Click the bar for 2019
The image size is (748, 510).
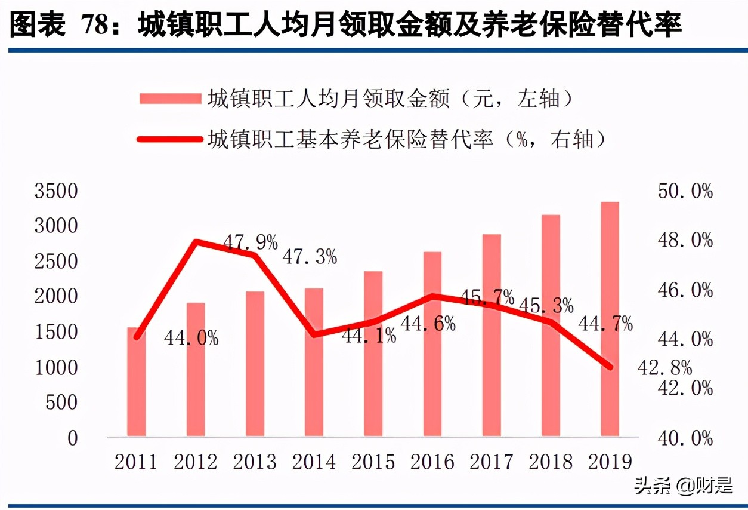(610, 319)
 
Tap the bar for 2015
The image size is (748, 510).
(373, 354)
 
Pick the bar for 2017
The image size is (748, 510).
(492, 335)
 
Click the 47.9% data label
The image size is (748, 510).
(251, 242)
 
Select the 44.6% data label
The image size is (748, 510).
(428, 324)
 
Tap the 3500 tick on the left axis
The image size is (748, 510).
(57, 192)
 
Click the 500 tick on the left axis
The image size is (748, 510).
(62, 403)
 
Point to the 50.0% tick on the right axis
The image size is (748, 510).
(685, 192)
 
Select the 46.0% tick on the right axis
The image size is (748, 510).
(685, 291)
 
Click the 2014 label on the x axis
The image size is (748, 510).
(314, 462)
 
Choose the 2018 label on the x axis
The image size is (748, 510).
(551, 462)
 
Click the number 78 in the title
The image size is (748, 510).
(97, 26)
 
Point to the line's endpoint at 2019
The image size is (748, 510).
(610, 367)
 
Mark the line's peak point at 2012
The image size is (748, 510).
(196, 241)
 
